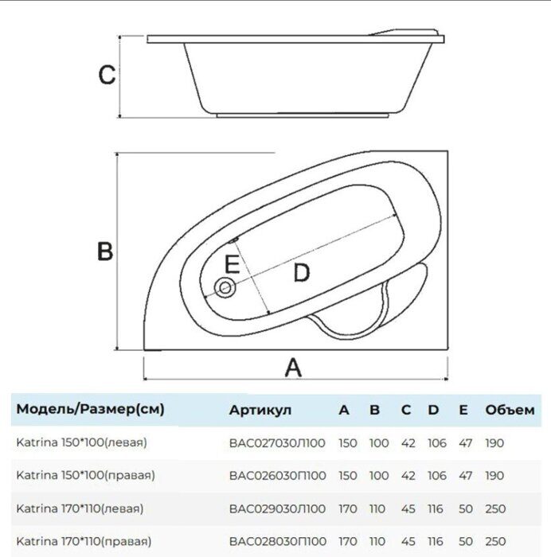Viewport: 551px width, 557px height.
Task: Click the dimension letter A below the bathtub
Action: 294,368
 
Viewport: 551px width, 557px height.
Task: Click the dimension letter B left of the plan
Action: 105,251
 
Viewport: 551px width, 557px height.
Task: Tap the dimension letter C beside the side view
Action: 107,76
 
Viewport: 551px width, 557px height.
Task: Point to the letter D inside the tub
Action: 300,273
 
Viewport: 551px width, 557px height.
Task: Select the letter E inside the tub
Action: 232,263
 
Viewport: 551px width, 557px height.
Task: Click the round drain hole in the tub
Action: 226,287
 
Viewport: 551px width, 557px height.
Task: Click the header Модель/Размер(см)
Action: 91,410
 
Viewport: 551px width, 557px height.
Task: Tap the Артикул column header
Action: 260,410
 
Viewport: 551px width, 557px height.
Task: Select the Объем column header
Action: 510,410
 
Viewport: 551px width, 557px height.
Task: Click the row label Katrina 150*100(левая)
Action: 82,442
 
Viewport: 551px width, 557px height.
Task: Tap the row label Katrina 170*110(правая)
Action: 85,540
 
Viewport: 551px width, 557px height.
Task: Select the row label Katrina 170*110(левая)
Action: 82,508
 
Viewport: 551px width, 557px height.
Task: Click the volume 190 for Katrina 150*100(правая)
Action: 494,475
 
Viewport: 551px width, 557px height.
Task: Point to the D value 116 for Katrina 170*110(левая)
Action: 436,508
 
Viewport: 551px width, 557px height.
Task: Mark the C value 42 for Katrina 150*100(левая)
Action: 407,442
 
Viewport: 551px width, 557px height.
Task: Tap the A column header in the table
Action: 344,410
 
